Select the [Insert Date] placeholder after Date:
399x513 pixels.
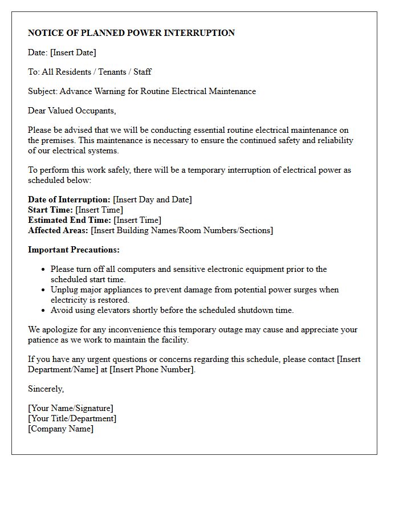pyautogui.click(x=73, y=52)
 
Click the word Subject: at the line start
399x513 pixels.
pyautogui.click(x=43, y=91)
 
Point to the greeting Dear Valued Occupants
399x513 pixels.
pyautogui.click(x=72, y=111)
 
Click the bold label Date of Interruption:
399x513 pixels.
pyautogui.click(x=69, y=199)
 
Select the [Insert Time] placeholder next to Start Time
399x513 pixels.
pyautogui.click(x=99, y=210)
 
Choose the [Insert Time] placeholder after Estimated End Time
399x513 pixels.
pyautogui.click(x=137, y=220)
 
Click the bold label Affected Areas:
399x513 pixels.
pyautogui.click(x=58, y=230)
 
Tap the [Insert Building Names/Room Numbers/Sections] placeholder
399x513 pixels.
pyautogui.click(x=182, y=230)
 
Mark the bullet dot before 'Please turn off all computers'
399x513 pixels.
pyautogui.click(x=43, y=270)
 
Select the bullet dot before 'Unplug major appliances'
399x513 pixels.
pyautogui.click(x=43, y=290)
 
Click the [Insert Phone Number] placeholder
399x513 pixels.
pyautogui.click(x=152, y=369)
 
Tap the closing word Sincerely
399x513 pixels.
pyautogui.click(x=46, y=389)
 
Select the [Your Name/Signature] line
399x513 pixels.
pyautogui.click(x=71, y=408)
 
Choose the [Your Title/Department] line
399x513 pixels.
pyautogui.click(x=72, y=418)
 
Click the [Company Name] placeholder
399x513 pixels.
pyautogui.click(x=61, y=429)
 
